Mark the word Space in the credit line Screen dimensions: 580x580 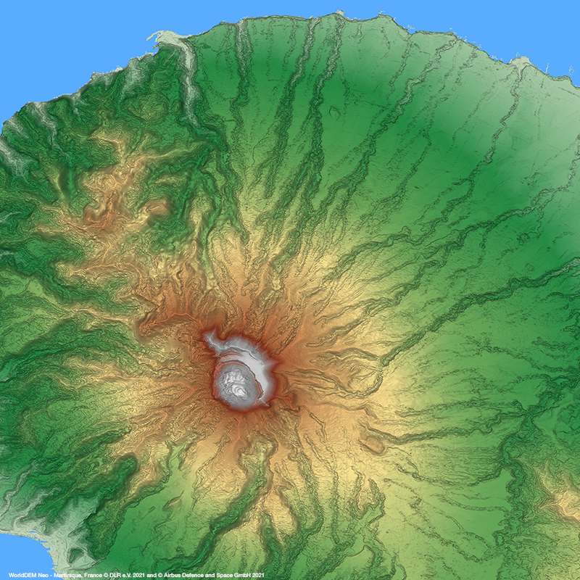point(228,575)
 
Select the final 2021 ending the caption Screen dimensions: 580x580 point(265,575)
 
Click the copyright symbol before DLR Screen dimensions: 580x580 point(106,575)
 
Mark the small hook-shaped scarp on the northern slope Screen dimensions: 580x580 point(335,112)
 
